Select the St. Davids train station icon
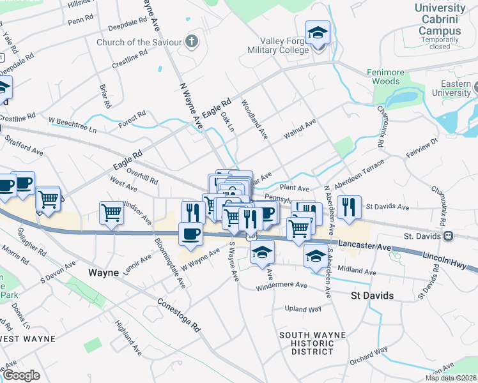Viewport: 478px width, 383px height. coord(449,236)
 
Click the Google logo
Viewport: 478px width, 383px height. coord(21,375)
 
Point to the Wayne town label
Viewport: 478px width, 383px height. coord(103,273)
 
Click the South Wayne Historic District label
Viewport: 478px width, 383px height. coord(312,343)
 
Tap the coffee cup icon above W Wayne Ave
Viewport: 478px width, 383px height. coord(191,234)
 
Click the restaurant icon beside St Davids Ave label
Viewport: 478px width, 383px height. coord(349,207)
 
